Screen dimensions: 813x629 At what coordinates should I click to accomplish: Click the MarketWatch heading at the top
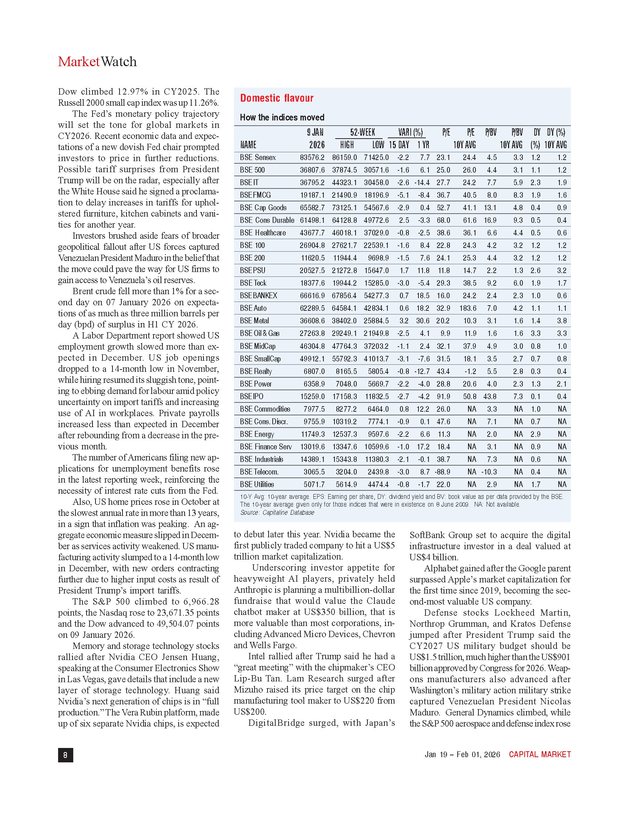[x=97, y=62]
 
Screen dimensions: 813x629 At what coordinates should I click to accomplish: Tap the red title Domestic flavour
[x=276, y=98]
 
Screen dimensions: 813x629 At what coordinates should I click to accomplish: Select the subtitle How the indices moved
[x=282, y=118]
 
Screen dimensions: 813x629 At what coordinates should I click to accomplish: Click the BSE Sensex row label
[x=258, y=157]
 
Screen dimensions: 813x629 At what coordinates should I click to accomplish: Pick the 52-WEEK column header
[x=362, y=133]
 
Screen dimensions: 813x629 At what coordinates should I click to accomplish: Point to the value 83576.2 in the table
[x=312, y=157]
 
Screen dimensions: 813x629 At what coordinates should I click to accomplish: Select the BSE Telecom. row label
[x=259, y=472]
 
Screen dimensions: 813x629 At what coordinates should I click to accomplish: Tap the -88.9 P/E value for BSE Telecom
[x=442, y=472]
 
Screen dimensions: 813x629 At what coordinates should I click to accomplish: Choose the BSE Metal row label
[x=254, y=321]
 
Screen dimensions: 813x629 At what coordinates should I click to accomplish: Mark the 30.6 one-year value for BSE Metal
[x=423, y=321]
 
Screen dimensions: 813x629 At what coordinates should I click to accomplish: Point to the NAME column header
[x=248, y=145]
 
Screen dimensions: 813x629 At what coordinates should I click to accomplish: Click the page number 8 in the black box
[x=65, y=755]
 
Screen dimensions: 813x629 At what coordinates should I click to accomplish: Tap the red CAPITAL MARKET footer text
[x=539, y=755]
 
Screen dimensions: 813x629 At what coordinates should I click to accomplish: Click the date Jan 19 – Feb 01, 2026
[x=462, y=755]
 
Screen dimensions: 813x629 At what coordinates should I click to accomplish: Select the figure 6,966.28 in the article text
[x=201, y=602]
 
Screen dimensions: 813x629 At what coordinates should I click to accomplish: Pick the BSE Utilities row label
[x=257, y=485]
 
